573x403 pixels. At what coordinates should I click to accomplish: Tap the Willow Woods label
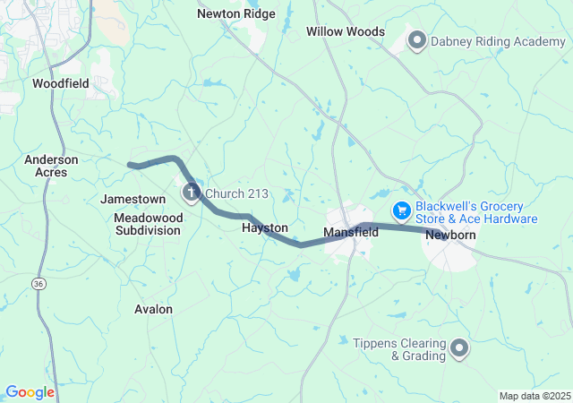346,32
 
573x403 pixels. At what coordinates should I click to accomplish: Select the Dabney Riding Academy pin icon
416,39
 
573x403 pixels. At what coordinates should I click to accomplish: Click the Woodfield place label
60,83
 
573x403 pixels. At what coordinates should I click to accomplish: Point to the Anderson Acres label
51,166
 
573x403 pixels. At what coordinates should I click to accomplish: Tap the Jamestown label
133,199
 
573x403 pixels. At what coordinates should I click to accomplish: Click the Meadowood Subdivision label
148,224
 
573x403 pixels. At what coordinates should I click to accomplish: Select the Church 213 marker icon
192,192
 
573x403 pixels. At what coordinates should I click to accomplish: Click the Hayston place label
265,229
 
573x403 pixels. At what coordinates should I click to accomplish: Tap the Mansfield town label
351,232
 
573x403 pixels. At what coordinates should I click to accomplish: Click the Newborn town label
451,235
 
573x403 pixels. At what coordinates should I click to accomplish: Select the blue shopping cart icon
401,210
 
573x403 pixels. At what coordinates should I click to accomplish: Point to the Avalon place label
153,309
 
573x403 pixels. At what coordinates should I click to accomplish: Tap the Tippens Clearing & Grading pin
459,347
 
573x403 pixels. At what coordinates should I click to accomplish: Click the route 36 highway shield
37,283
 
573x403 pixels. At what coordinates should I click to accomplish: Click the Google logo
30,392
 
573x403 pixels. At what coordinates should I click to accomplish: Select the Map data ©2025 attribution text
534,396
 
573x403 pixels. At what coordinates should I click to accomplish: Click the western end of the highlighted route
131,165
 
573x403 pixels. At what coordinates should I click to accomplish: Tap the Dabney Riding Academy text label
498,39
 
